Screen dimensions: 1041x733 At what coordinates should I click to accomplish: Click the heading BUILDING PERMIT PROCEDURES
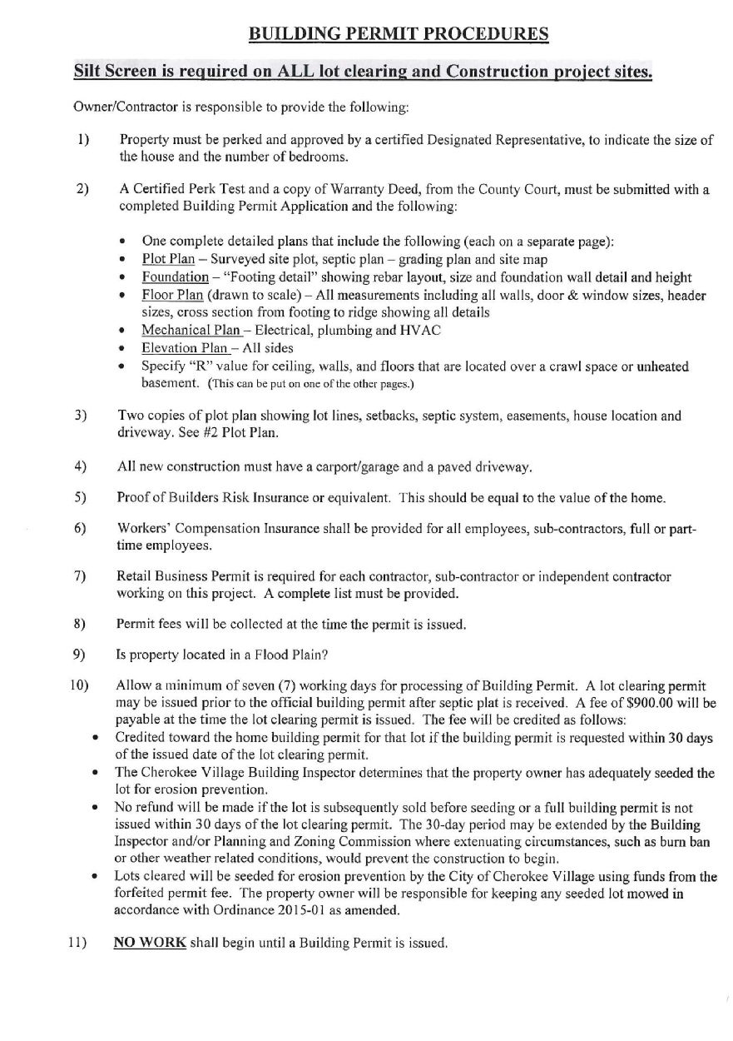399,34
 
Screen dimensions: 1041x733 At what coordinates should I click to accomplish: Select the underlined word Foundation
175,277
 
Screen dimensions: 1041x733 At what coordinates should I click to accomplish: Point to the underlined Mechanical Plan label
186,331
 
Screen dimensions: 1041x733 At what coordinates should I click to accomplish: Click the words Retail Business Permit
176,576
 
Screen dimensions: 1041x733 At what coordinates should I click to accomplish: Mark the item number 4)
80,468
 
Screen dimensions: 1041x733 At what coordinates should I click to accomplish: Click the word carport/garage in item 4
344,468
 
